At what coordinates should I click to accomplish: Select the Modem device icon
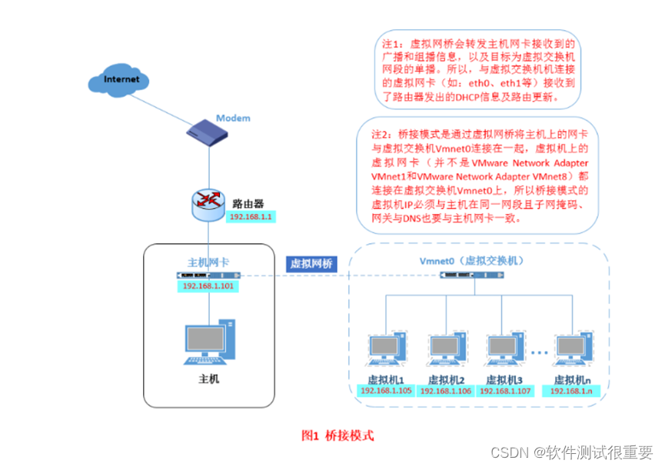[208, 132]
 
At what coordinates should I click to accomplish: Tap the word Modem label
[232, 118]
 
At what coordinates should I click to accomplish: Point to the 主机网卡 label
[208, 262]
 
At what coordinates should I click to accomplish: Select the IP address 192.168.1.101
[208, 286]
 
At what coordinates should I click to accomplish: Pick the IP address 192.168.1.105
[386, 391]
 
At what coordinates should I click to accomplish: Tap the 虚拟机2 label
[447, 379]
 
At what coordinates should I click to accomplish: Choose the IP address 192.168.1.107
[505, 391]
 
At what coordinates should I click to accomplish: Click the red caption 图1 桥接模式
[337, 435]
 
